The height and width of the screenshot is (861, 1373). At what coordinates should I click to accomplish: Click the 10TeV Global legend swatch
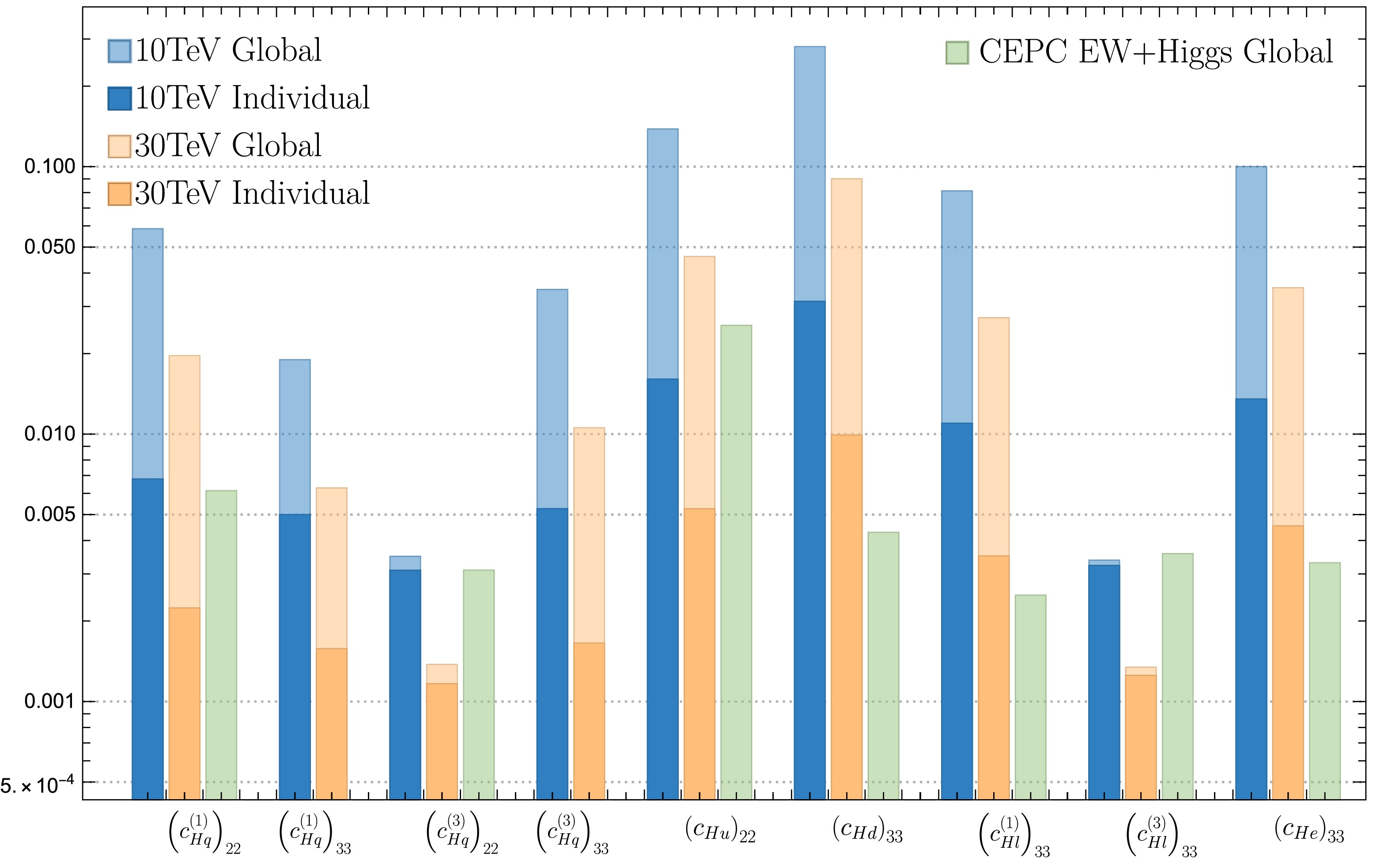click(119, 51)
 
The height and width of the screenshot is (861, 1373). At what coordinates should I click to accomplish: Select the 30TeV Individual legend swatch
click(119, 193)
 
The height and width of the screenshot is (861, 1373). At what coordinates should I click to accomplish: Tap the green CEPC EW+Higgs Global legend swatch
click(957, 53)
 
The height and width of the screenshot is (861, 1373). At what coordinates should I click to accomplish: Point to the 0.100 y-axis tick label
click(50, 167)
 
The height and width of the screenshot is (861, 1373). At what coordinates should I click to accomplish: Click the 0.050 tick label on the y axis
click(50, 247)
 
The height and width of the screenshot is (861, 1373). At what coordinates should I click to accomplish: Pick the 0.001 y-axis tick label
click(50, 701)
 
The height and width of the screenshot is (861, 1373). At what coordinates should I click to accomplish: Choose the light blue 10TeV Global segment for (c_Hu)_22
click(662, 253)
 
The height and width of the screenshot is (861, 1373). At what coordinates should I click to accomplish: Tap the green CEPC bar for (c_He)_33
click(1324, 680)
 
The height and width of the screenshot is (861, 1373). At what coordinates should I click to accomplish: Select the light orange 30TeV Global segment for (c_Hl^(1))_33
click(993, 436)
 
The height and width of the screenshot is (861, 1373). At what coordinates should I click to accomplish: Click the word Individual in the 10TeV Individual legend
click(301, 98)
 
